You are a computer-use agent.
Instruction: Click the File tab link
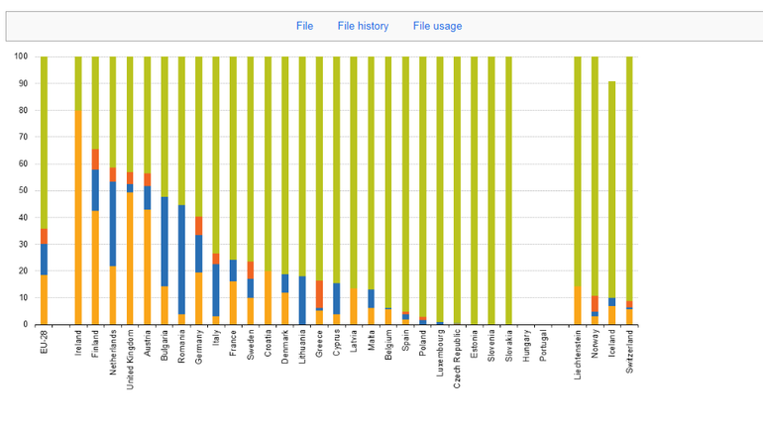pos(304,26)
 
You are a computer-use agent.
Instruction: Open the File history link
pos(363,26)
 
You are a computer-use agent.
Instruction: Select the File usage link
pos(437,26)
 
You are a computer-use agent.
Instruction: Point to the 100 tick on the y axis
pos(21,56)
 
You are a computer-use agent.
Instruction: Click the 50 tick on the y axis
pos(23,190)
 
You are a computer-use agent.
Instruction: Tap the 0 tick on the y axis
pos(26,324)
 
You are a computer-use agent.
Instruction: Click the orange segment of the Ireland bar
pos(78,217)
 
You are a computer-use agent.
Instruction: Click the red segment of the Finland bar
pos(95,159)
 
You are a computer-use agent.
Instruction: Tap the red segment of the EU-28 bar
pos(44,236)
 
